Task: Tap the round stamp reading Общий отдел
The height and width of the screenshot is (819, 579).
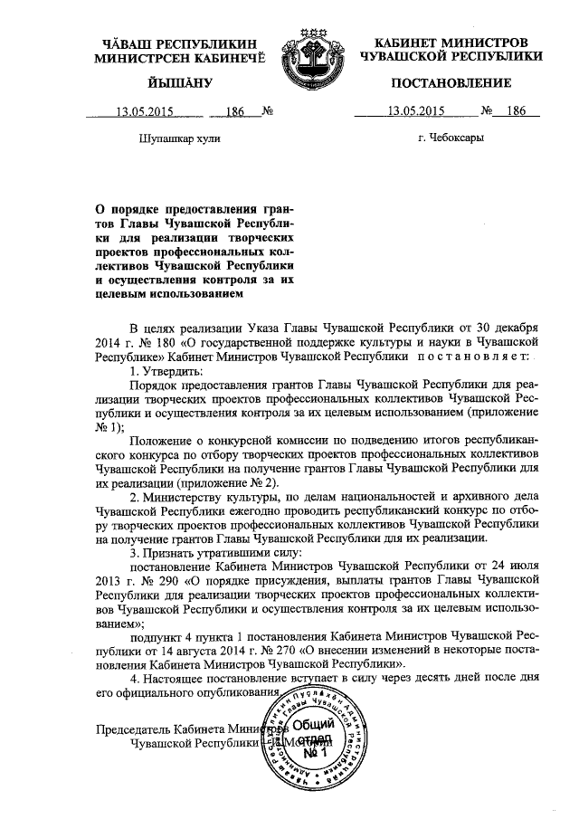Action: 312,738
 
